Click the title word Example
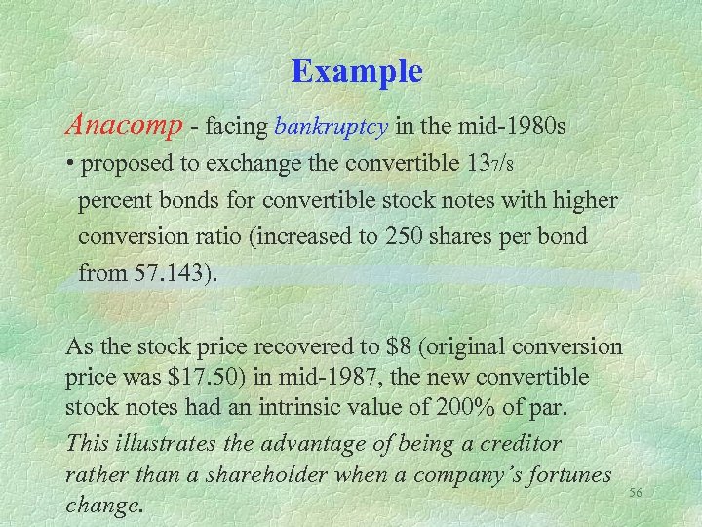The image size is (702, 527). click(357, 72)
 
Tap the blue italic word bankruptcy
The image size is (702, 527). click(332, 127)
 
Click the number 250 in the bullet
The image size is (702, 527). click(429, 237)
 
